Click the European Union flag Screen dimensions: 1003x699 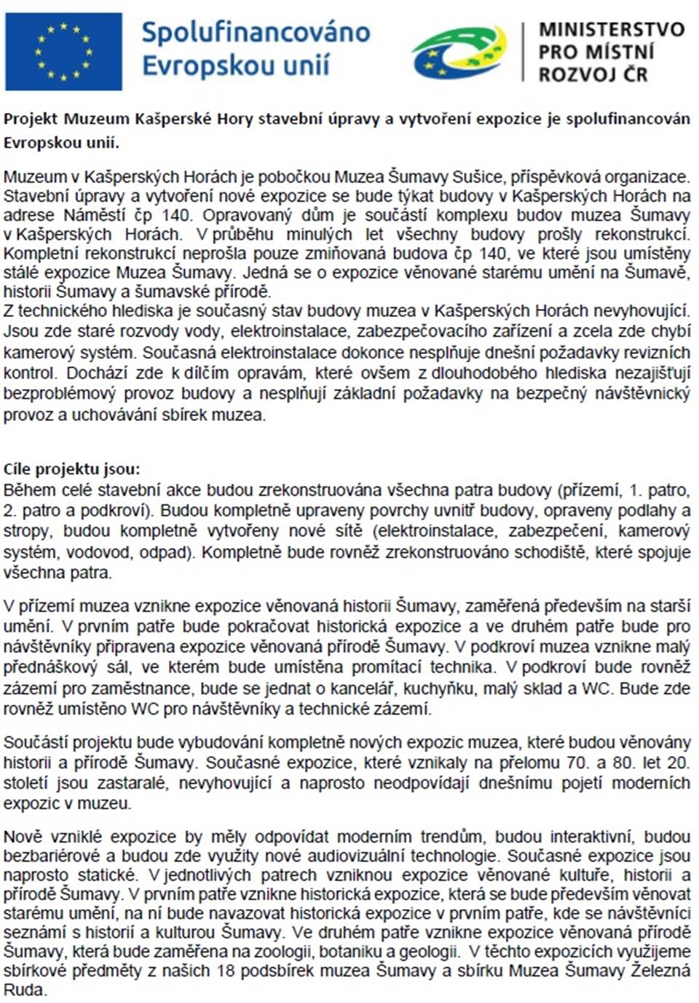[63, 51]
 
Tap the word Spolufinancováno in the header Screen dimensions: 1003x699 [256, 33]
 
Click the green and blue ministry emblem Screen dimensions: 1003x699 [459, 52]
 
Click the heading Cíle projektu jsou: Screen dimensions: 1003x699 [71, 469]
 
